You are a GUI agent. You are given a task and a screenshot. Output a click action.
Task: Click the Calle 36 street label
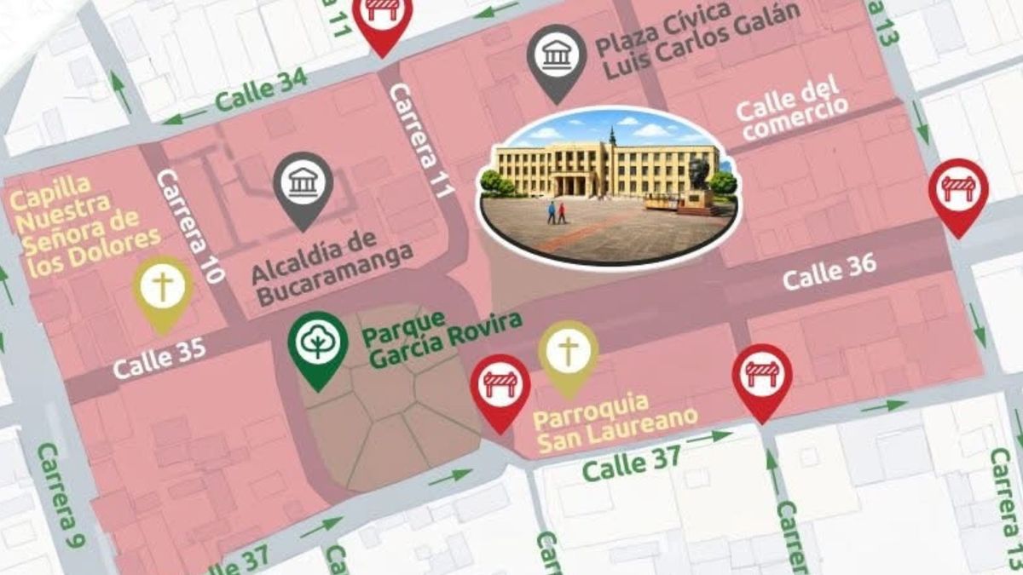[829, 272]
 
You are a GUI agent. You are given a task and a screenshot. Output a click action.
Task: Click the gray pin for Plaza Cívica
[557, 55]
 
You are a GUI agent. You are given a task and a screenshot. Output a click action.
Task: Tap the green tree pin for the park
[318, 342]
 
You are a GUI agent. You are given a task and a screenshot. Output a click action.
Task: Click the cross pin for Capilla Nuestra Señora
[162, 287]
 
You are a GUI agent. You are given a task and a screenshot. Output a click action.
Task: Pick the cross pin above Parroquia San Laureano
[568, 353]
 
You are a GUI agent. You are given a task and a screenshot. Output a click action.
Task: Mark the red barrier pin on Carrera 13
[958, 189]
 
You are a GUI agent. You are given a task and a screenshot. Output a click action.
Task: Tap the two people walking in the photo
[557, 212]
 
